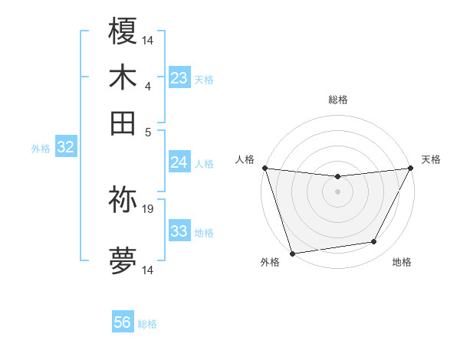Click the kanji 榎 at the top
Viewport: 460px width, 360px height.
pos(123,31)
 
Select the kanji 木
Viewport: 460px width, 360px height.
pos(123,77)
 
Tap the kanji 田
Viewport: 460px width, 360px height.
pos(123,123)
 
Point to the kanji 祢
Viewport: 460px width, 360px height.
pos(123,200)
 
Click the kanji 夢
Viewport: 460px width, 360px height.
pos(123,261)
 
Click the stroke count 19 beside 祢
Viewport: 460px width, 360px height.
pos(148,208)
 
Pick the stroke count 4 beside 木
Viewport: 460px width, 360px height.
pos(147,86)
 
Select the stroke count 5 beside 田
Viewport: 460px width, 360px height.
pos(147,131)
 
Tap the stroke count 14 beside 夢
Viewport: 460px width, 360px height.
pos(148,270)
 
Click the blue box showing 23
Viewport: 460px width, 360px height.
pos(179,78)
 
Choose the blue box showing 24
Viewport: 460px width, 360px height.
pos(179,162)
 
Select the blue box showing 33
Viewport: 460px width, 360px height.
pos(179,231)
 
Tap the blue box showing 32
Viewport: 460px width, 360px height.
pos(65,148)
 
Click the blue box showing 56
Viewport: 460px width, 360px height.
pos(123,322)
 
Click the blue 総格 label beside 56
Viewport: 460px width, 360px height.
pos(147,324)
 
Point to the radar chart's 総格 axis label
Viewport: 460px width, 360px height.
pos(337,100)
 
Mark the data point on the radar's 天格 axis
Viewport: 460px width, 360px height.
pos(411,168)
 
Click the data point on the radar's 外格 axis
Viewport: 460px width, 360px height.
pos(292,254)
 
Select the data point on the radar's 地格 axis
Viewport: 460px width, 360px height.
pos(374,242)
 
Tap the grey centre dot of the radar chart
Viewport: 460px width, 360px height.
pos(337,191)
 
